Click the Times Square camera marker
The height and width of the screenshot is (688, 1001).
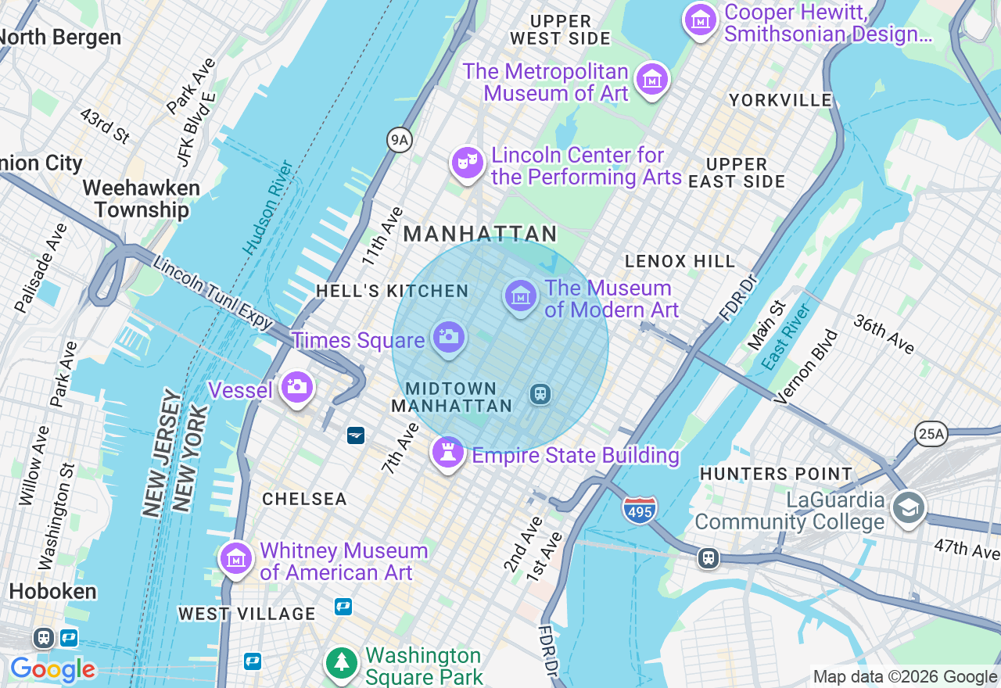[448, 338]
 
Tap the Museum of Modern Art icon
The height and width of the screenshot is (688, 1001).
[521, 296]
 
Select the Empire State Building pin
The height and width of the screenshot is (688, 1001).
[447, 451]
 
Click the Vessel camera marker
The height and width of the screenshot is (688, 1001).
[296, 386]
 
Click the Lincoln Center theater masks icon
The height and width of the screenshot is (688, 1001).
[468, 163]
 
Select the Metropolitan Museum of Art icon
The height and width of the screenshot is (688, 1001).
[651, 79]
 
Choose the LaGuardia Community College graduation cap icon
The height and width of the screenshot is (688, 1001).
[909, 507]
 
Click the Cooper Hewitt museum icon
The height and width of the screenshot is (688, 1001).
[701, 20]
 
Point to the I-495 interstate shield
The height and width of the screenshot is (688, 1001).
[640, 510]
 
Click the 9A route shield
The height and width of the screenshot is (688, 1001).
[400, 140]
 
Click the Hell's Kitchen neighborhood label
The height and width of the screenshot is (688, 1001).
[392, 291]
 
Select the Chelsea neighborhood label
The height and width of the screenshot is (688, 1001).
[304, 499]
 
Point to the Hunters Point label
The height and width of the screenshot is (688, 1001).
[776, 474]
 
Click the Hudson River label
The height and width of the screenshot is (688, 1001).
[268, 207]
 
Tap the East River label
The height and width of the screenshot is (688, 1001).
[785, 337]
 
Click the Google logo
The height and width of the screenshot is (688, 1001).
[52, 670]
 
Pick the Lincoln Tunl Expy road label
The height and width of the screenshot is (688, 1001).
[213, 293]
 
